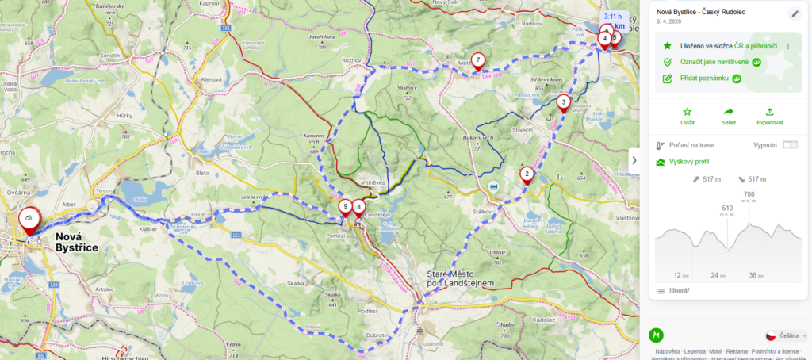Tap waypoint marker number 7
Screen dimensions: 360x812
pyautogui.click(x=477, y=60)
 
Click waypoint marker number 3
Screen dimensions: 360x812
pyautogui.click(x=563, y=102)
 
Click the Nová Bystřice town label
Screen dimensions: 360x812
pyautogui.click(x=76, y=242)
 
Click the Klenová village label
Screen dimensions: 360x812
pyautogui.click(x=212, y=79)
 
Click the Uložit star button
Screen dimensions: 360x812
pyautogui.click(x=687, y=116)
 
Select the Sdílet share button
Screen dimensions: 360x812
pyautogui.click(x=729, y=116)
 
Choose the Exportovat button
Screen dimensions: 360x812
pyautogui.click(x=769, y=116)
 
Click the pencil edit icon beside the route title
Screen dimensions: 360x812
pyautogui.click(x=795, y=13)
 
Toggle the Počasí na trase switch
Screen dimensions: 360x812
pyautogui.click(x=790, y=145)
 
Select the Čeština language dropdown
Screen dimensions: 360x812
pyautogui.click(x=786, y=335)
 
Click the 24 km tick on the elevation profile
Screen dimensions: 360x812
pyautogui.click(x=718, y=275)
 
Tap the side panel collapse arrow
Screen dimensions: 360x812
pyautogui.click(x=634, y=160)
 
